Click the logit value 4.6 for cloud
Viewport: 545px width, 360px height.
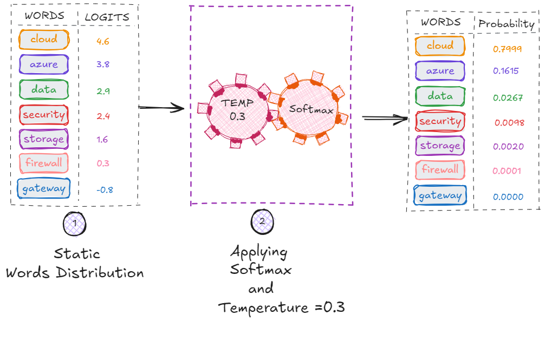pyautogui.click(x=103, y=41)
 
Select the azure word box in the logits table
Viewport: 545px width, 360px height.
pyautogui.click(x=43, y=64)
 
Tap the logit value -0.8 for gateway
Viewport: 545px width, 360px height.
pyautogui.click(x=105, y=189)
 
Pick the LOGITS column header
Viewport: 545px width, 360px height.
pyautogui.click(x=107, y=17)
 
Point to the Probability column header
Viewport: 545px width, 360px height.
pyautogui.click(x=506, y=24)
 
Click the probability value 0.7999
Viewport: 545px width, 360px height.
pyautogui.click(x=507, y=49)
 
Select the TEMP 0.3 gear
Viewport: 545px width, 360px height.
pyautogui.click(x=233, y=110)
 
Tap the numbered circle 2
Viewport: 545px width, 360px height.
pyautogui.click(x=262, y=221)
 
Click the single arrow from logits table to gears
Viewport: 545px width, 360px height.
pyautogui.click(x=161, y=108)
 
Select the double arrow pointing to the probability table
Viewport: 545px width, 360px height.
pyautogui.click(x=385, y=117)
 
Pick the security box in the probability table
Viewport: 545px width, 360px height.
pyautogui.click(x=440, y=121)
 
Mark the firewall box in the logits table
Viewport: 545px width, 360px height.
pyautogui.click(x=43, y=162)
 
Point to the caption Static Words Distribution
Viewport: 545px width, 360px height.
pyautogui.click(x=75, y=263)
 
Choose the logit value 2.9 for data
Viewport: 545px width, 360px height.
pyautogui.click(x=103, y=91)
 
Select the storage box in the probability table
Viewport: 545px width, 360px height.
pyautogui.click(x=439, y=146)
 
